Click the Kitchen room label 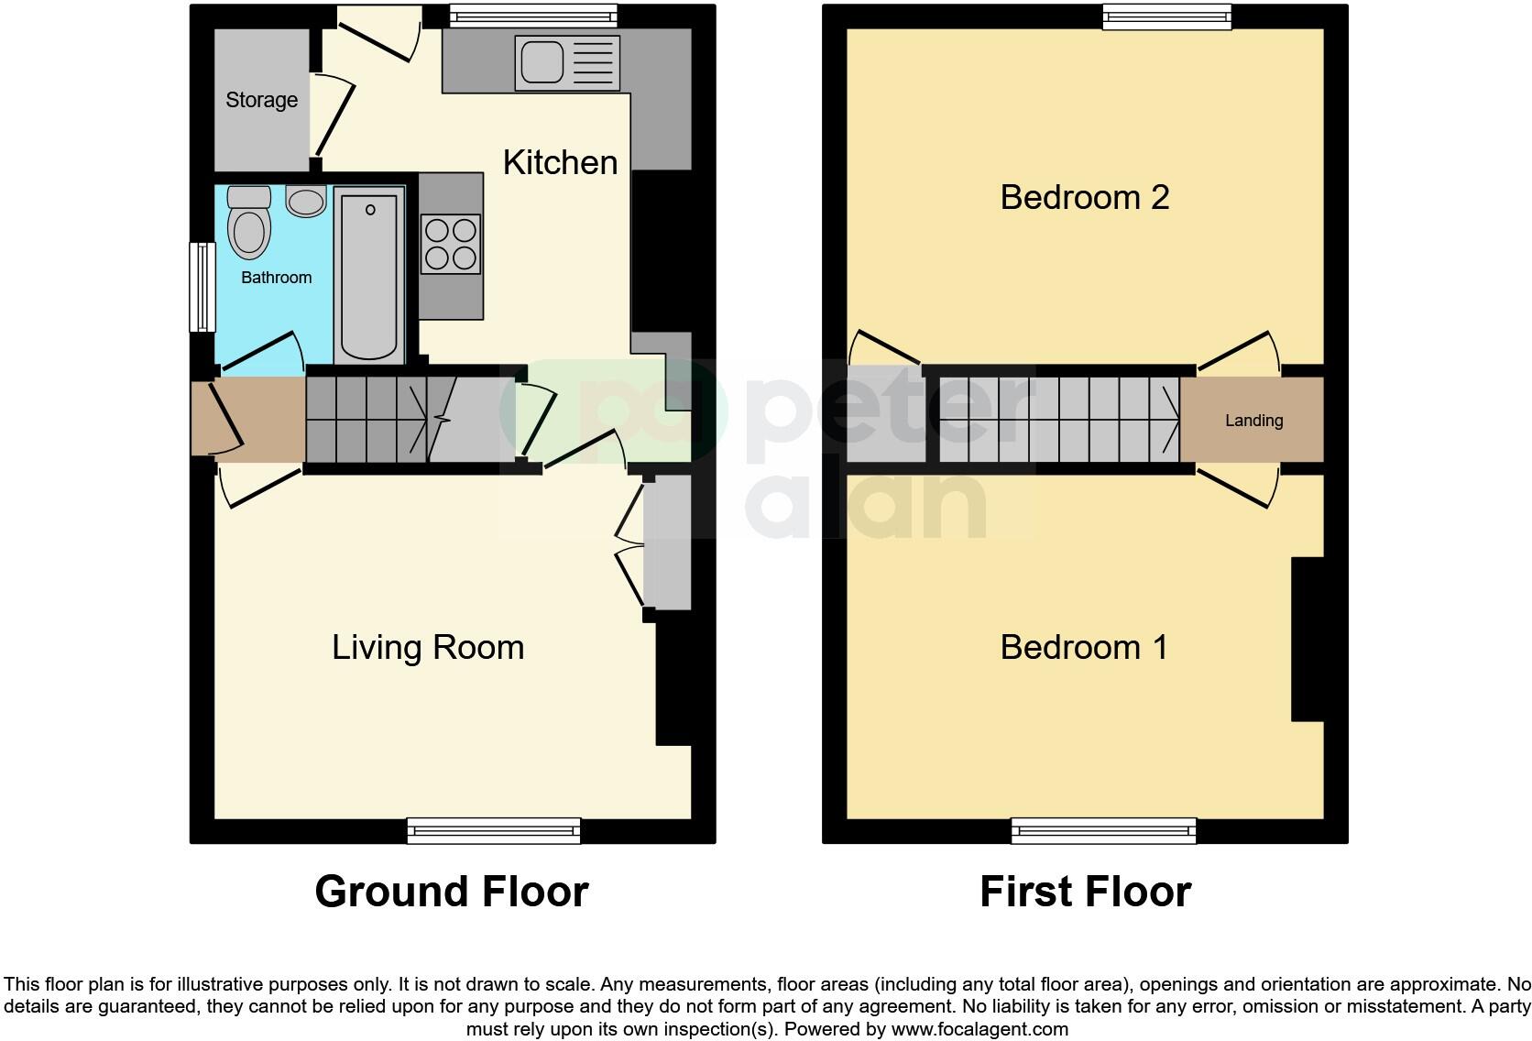[560, 163]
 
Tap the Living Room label [428, 648]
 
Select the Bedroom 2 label [1084, 197]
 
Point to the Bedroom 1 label [1084, 648]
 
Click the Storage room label [261, 100]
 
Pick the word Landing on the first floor [1253, 421]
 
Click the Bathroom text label [276, 278]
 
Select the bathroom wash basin [306, 200]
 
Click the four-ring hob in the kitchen [451, 244]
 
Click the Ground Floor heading [451, 892]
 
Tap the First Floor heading [1085, 892]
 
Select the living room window [494, 830]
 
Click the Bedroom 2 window [1166, 16]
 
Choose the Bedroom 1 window [1103, 830]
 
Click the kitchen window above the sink [533, 16]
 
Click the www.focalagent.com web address [979, 1029]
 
